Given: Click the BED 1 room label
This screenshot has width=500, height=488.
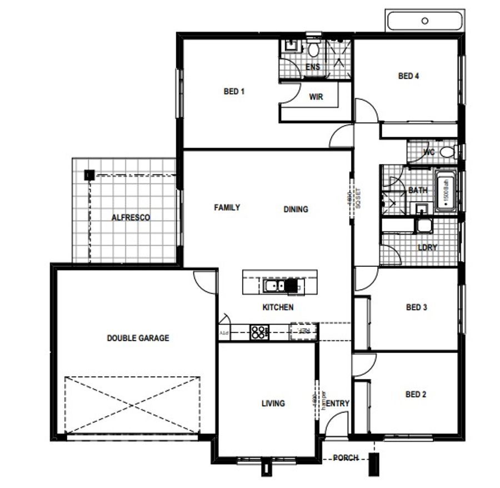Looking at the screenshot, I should (234, 92).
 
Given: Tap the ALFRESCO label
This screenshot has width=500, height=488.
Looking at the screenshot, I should (131, 217).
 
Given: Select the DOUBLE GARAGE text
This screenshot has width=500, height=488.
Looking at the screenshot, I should (138, 337).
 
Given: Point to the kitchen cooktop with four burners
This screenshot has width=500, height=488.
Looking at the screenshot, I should (259, 332).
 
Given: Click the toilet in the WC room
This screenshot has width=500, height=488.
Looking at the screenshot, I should (447, 152).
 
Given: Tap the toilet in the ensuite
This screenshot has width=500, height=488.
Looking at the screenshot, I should (313, 51).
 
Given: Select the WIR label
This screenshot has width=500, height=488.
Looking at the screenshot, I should (316, 97).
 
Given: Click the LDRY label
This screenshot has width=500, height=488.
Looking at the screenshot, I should (427, 247).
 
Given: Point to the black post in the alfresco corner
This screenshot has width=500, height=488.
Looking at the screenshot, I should (88, 175).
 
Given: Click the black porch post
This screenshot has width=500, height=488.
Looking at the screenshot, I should (376, 463).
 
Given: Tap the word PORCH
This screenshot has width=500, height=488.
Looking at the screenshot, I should (346, 458).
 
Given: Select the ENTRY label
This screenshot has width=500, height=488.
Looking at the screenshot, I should (337, 404).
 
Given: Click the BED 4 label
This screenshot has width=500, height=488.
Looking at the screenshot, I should (408, 76).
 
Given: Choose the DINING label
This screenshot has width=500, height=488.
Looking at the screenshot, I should (296, 210).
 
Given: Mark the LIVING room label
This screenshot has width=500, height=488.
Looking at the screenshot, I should (273, 404).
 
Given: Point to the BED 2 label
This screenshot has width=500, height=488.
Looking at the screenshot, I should (416, 395).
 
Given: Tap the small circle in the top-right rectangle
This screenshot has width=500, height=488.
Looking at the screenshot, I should (425, 21).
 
